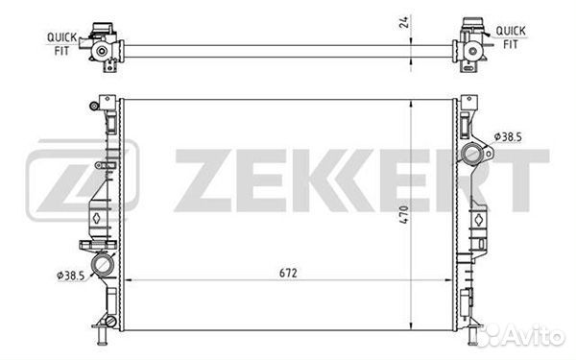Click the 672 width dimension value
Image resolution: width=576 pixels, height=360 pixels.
(289, 273)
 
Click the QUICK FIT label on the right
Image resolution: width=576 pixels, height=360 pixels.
(510, 36)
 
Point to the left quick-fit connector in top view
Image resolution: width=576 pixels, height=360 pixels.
(102, 42)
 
